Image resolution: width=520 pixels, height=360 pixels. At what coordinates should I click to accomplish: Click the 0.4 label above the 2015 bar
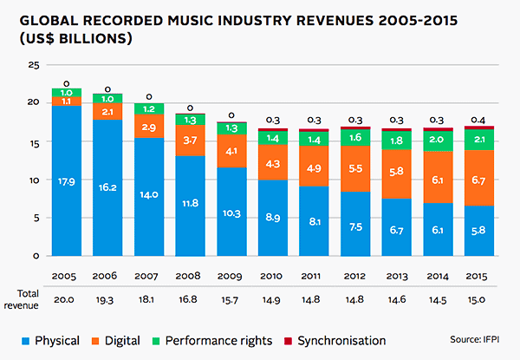(x=478, y=119)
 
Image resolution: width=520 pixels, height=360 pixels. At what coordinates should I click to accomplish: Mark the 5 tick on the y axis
(x=36, y=219)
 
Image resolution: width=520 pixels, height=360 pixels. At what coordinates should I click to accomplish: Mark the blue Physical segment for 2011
(x=314, y=221)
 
